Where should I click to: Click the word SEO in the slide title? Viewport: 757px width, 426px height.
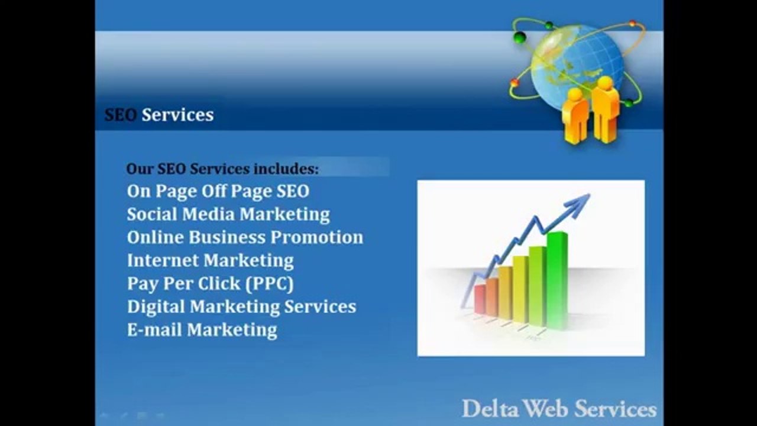point(121,114)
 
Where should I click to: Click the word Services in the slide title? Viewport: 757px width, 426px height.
point(177,114)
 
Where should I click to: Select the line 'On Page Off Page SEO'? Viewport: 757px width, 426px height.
point(218,191)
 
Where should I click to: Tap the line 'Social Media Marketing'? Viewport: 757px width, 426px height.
point(228,214)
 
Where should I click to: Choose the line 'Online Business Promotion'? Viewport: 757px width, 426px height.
point(245,237)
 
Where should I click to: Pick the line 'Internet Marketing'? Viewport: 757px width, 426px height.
point(210,260)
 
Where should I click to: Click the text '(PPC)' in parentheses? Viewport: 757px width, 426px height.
point(270,283)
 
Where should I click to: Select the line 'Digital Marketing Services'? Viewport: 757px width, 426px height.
point(241,306)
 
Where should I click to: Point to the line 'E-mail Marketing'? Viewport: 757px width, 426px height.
point(202,330)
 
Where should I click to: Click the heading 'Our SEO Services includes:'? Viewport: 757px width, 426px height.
point(222,169)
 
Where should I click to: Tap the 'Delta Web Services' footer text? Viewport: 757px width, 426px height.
point(559,409)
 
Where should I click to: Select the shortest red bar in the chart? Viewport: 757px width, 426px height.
point(480,299)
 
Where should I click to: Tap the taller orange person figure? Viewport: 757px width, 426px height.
point(605,109)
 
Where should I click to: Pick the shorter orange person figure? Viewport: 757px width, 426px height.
point(575,115)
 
